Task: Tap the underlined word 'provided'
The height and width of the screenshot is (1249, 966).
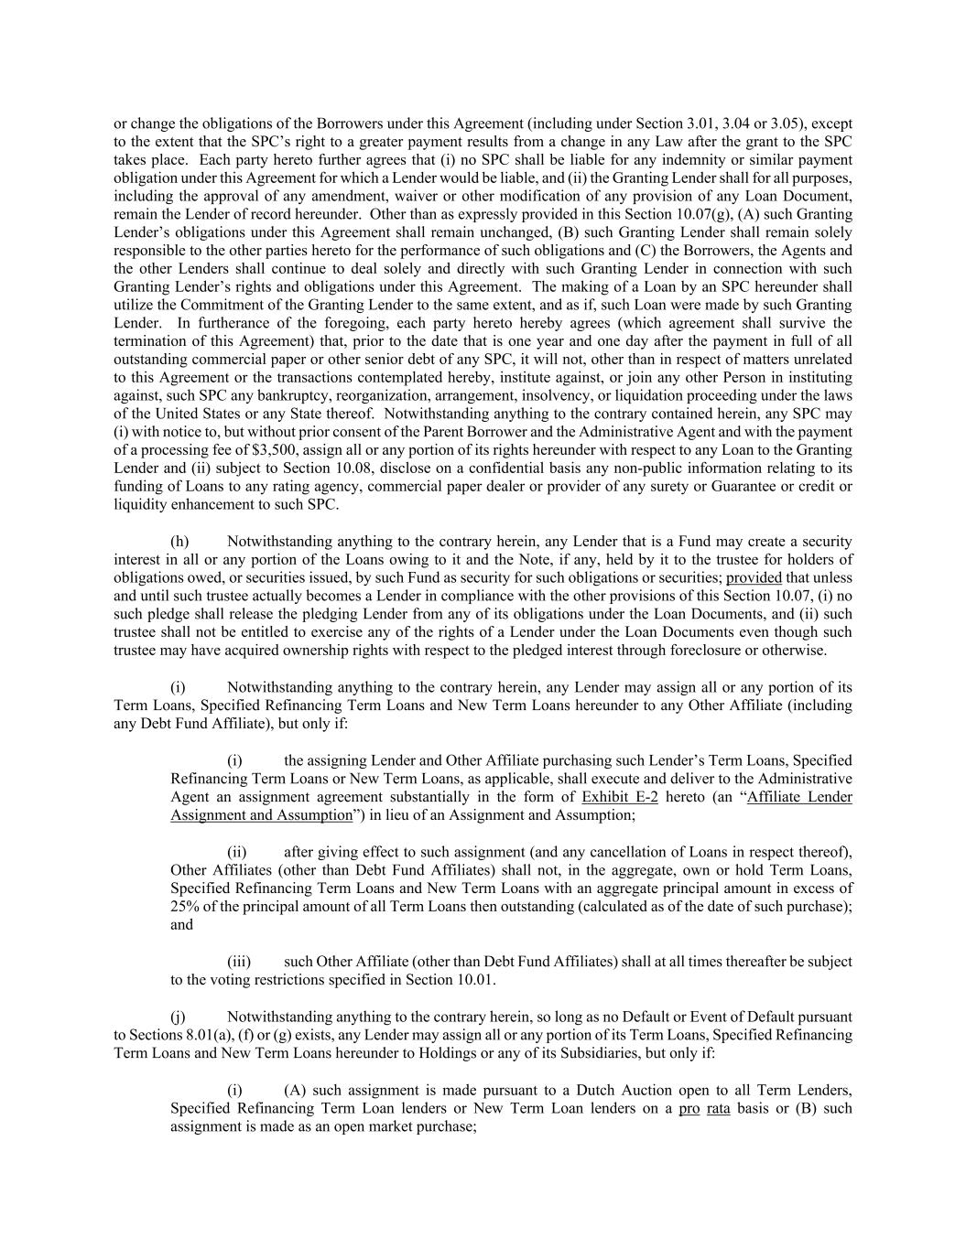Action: [754, 577]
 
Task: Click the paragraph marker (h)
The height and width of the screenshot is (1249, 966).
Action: [180, 542]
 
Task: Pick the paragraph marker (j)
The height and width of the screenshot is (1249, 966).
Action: [179, 1017]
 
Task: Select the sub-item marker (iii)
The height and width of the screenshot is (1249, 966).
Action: [239, 962]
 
